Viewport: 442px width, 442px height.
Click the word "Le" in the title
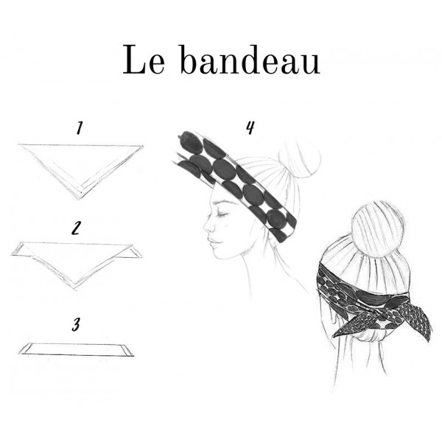[144, 60]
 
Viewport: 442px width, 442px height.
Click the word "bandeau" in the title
[250, 60]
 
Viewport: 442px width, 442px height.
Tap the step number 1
[80, 128]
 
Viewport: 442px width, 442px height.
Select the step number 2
[76, 228]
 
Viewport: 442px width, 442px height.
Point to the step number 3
[76, 324]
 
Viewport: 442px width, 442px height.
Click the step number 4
[250, 127]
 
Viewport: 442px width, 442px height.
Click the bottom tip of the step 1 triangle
[79, 199]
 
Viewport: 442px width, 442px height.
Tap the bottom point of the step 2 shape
[74, 289]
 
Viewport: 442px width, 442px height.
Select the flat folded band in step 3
[76, 349]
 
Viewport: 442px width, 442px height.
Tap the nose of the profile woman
[207, 226]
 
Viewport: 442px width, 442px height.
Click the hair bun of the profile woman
[299, 158]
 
